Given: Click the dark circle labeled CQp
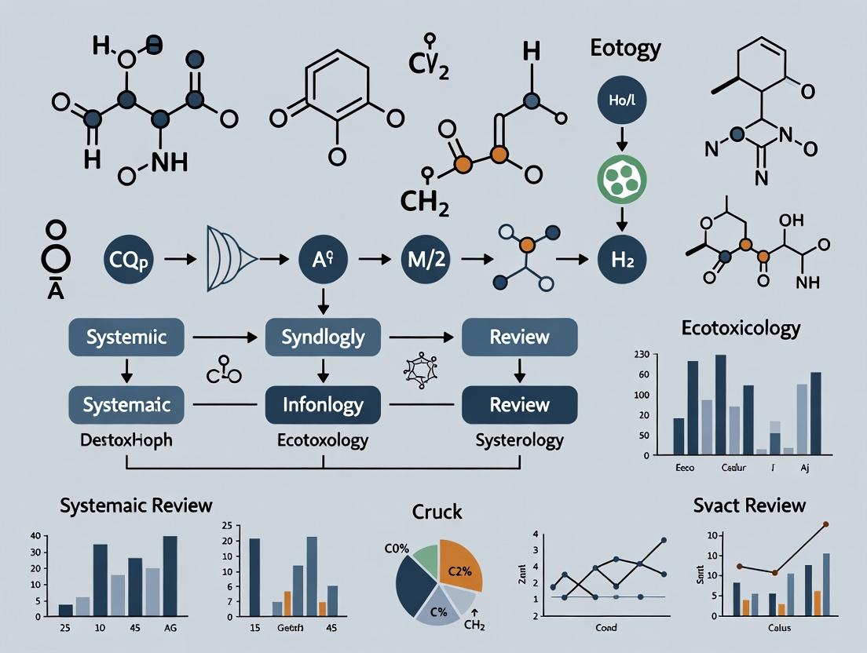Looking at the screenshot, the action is coord(126,258).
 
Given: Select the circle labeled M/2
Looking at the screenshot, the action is coord(424,258).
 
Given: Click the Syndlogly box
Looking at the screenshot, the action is coord(323,337).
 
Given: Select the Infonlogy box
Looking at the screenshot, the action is coord(323,405).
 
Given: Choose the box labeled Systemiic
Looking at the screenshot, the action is coord(126,337).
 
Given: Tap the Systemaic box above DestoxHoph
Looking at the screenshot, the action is coord(126,405).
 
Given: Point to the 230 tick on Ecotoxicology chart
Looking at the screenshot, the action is coord(641,355).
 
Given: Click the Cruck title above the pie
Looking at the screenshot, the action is coord(437,513).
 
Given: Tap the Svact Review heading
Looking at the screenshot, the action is coord(749,505).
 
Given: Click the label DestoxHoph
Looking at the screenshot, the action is coord(126,440).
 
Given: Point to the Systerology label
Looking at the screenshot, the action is coord(519,440).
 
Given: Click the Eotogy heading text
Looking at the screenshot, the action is coord(625,49).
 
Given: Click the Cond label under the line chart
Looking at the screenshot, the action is coord(605,628).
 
